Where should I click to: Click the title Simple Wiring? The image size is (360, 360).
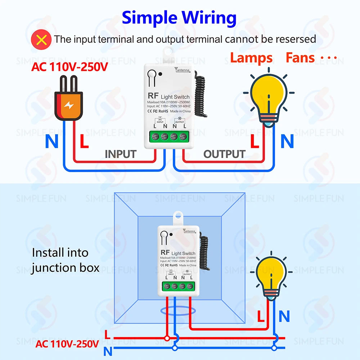(179, 17)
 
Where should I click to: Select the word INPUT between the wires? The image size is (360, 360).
(120, 154)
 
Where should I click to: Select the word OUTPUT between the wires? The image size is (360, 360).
(224, 154)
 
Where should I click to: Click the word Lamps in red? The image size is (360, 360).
(251, 58)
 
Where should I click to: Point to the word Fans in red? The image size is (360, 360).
(300, 58)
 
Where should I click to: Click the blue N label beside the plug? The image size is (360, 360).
(51, 142)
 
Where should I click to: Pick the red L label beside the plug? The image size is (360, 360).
(84, 142)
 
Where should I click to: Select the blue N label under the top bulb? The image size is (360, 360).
(287, 142)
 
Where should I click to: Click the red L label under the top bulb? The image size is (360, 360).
(255, 142)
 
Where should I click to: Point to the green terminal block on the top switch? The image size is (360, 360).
(168, 137)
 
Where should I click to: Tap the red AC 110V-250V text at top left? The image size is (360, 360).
(69, 67)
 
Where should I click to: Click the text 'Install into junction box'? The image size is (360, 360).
(65, 260)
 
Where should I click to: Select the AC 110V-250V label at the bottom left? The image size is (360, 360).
(67, 344)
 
